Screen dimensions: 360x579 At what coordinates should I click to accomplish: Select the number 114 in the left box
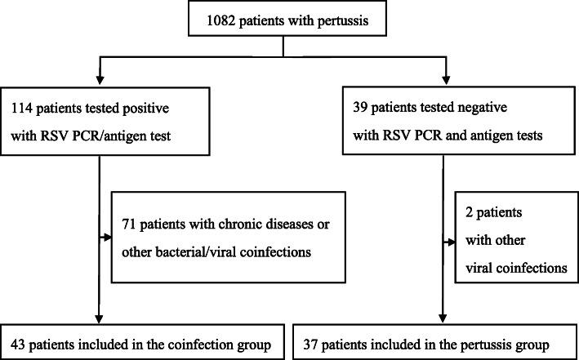(x=22, y=107)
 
